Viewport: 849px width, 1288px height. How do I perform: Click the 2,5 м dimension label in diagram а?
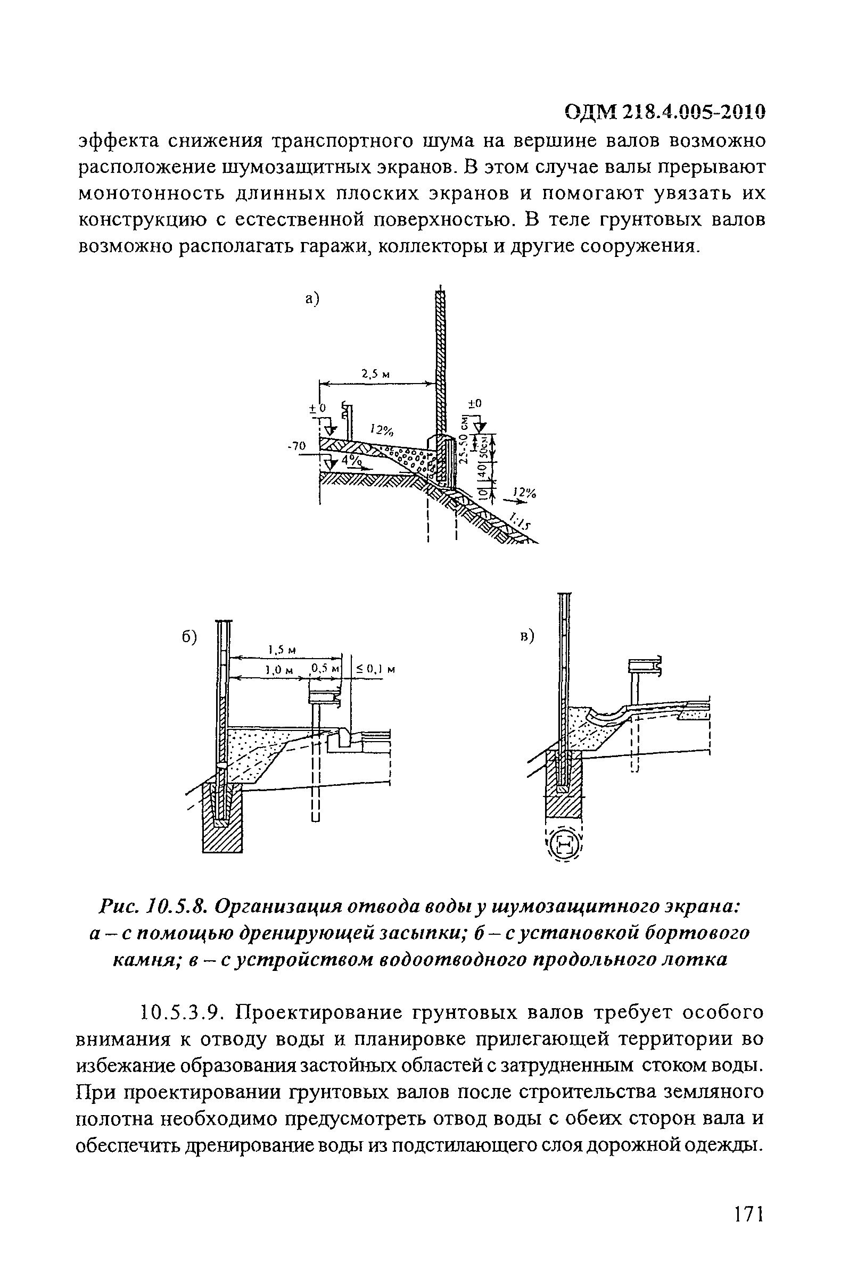pos(376,373)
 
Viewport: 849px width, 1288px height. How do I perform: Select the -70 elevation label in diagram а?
pos(296,446)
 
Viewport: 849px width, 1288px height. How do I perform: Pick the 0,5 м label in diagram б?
pos(323,669)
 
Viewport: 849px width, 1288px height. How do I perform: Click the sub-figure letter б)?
pos(189,637)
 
